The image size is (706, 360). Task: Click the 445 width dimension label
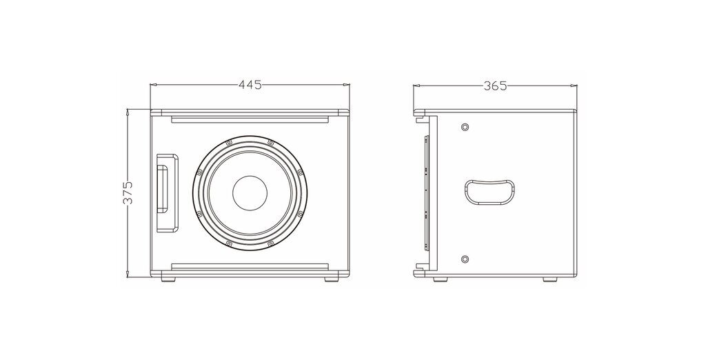(250, 85)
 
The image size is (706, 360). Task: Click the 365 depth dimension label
(495, 86)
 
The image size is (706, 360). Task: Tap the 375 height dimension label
(128, 193)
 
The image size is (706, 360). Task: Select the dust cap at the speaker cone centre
(250, 193)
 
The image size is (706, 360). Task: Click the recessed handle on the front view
(167, 193)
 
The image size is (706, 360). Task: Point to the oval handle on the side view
(489, 192)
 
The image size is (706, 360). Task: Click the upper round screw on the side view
(465, 127)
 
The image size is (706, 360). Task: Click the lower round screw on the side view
(465, 259)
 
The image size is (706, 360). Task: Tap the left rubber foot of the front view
(168, 279)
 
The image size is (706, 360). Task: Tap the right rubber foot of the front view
(331, 279)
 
